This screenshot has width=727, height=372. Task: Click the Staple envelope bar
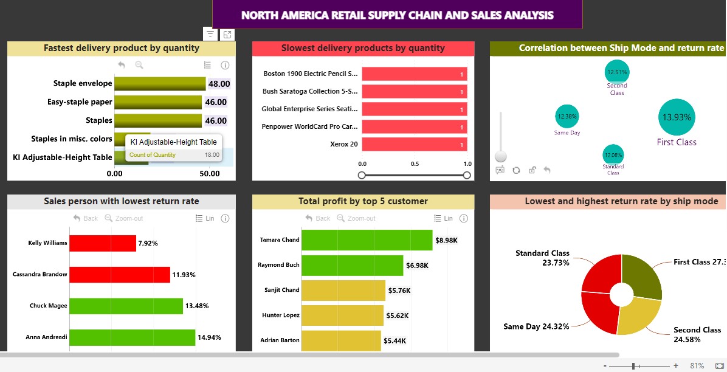(x=160, y=84)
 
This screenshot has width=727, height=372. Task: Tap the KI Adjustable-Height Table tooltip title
(x=173, y=142)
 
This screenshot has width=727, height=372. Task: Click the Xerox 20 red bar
(x=414, y=145)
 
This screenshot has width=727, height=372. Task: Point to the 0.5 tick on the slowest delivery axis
(x=415, y=164)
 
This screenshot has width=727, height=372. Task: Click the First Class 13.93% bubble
(x=677, y=117)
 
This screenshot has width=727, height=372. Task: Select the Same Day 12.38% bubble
(x=567, y=116)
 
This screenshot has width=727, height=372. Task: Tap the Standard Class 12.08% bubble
(x=613, y=154)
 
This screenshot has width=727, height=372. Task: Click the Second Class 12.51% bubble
(x=616, y=72)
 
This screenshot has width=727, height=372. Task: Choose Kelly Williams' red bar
(x=102, y=243)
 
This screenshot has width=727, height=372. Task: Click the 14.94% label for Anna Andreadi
(x=209, y=337)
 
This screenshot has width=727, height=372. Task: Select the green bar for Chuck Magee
(x=126, y=306)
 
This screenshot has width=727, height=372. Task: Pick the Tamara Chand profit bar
(x=367, y=240)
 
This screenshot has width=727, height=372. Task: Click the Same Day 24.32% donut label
(x=536, y=326)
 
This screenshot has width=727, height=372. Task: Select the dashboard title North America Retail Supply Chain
(x=397, y=15)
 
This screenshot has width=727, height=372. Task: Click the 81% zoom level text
(x=697, y=366)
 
